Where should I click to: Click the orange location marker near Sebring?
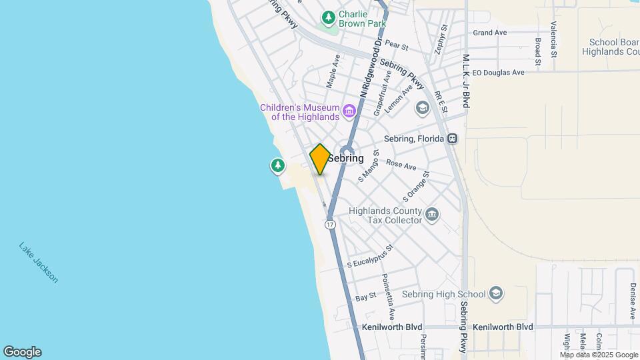click(320, 159)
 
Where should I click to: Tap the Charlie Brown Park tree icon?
click(328, 17)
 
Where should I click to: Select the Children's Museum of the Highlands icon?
click(348, 110)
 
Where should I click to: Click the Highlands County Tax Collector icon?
click(432, 214)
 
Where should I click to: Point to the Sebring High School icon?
click(495, 293)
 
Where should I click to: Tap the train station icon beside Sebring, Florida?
click(453, 139)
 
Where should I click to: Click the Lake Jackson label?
click(39, 262)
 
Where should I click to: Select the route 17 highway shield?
click(331, 225)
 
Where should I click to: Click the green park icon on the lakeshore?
click(277, 165)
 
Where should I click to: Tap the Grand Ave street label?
click(490, 33)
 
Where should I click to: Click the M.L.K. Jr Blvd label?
click(467, 81)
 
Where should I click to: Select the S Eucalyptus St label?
click(371, 256)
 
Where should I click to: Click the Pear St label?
click(396, 46)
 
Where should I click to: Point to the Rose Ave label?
click(401, 165)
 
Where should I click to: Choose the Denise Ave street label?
click(633, 293)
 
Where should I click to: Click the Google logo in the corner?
click(22, 352)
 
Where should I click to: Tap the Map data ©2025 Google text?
click(599, 355)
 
